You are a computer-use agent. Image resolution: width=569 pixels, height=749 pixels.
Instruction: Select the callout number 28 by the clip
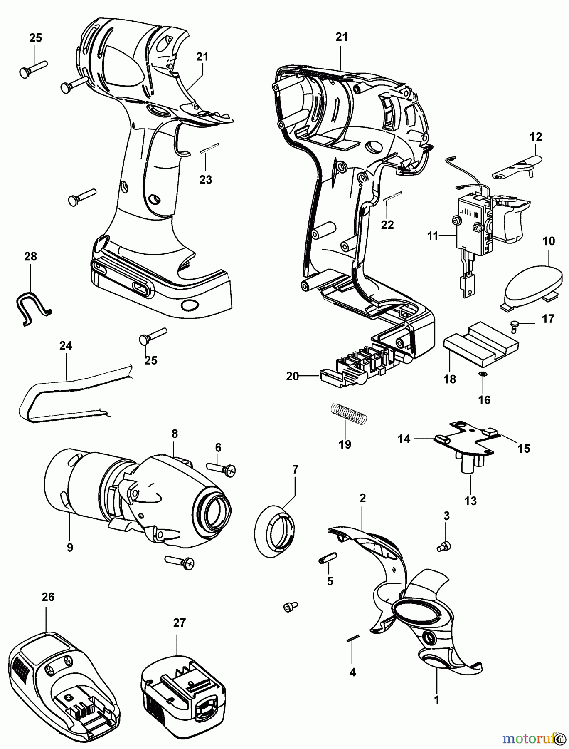pyautogui.click(x=30, y=256)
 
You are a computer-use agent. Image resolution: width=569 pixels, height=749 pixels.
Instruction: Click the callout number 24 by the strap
pyautogui.click(x=66, y=345)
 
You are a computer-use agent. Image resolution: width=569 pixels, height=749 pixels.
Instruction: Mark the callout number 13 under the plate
pyautogui.click(x=470, y=501)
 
